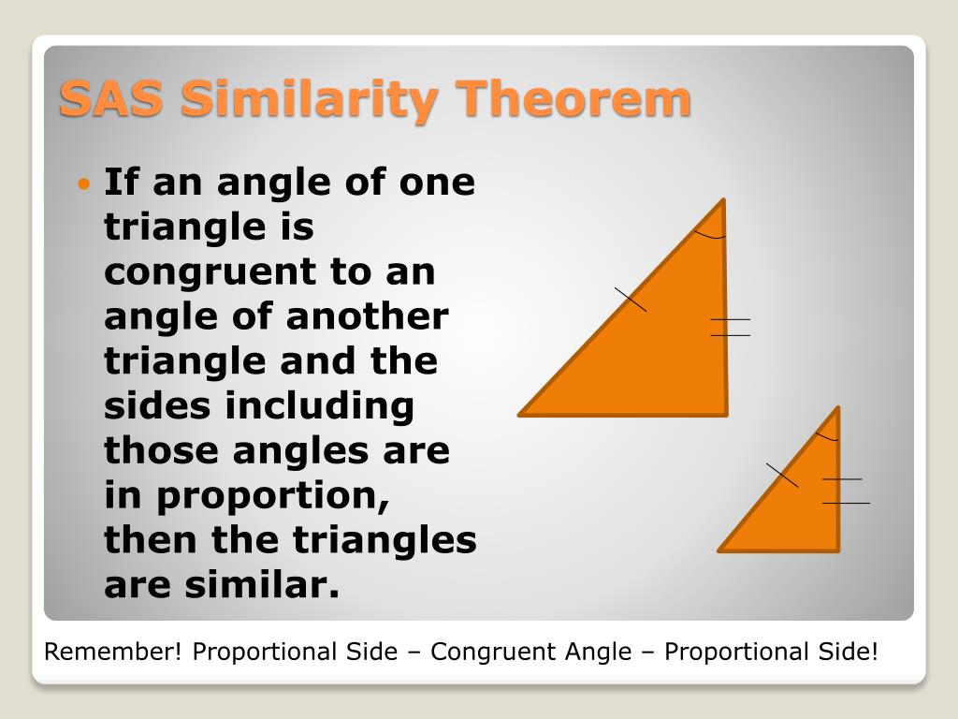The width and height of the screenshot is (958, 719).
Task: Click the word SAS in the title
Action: pyautogui.click(x=113, y=100)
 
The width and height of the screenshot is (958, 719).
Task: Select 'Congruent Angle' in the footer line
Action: pyautogui.click(x=531, y=652)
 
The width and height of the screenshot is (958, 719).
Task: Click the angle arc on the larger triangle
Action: pyautogui.click(x=709, y=234)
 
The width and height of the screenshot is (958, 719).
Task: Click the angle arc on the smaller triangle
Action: pyautogui.click(x=827, y=436)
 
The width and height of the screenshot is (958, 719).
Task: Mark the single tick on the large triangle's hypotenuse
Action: pyautogui.click(x=631, y=299)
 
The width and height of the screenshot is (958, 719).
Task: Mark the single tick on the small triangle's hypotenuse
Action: pyautogui.click(x=782, y=475)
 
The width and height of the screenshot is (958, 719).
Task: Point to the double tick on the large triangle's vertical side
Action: pyautogui.click(x=730, y=327)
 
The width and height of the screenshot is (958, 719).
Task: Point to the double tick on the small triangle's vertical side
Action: pyautogui.click(x=845, y=491)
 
